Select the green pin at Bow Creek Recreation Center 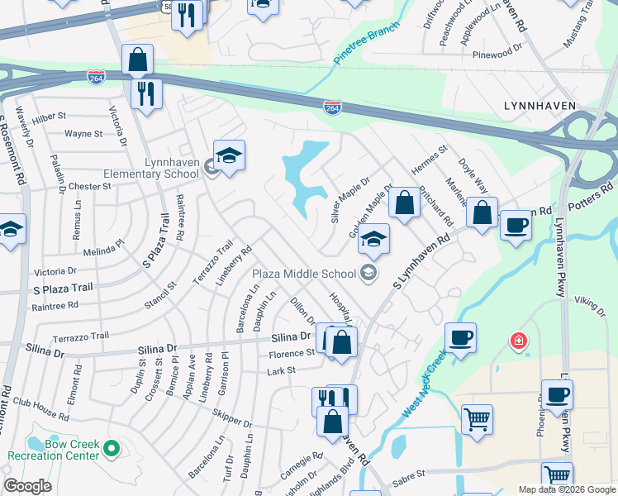111,450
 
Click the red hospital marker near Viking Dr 518,340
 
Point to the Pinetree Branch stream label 367,43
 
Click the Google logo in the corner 28,486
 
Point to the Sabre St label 407,475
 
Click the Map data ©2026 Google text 567,489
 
